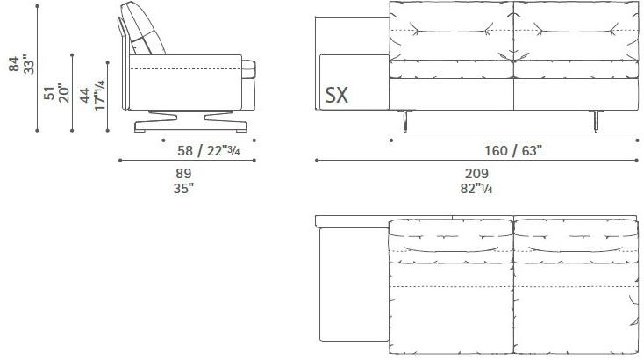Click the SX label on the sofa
[x=336, y=95]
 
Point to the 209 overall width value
[x=476, y=174]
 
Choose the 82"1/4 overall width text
[x=476, y=187]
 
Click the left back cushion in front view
[x=449, y=33]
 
